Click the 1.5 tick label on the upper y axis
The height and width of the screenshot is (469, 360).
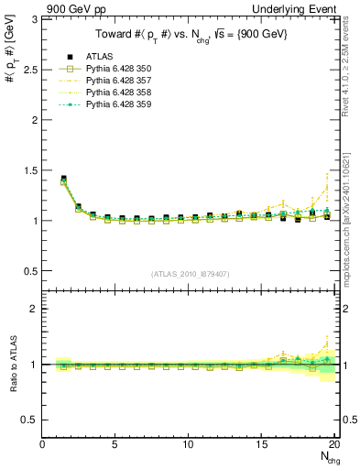coord(29,170)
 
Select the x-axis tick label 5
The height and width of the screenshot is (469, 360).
coord(115,445)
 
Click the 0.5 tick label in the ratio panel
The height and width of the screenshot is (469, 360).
coord(29,420)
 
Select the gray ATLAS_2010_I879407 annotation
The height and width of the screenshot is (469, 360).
coord(190,272)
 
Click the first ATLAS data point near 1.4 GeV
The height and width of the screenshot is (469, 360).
coord(63,179)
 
